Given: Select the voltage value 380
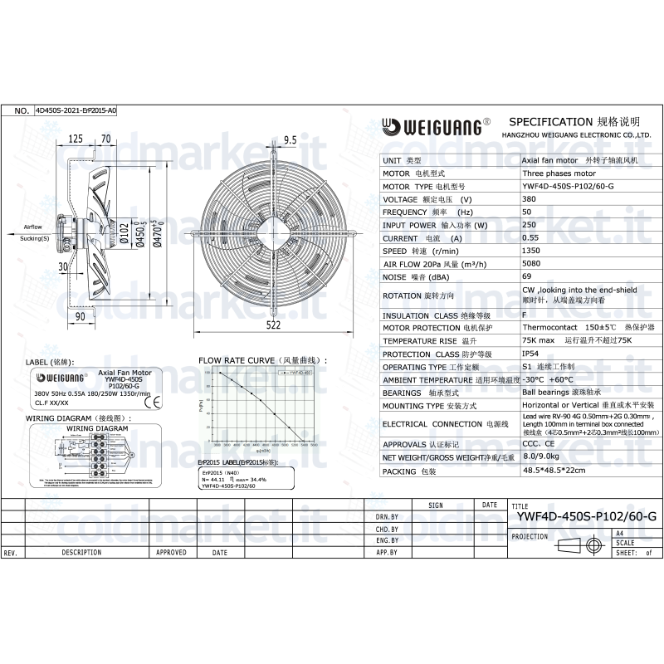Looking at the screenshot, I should click(x=528, y=200).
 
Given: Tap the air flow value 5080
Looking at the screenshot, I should click(x=532, y=263).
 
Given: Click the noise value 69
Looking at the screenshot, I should click(x=526, y=276).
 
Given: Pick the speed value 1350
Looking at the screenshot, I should click(x=531, y=251).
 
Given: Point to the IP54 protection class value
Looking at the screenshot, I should click(x=530, y=354).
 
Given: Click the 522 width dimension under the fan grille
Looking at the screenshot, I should click(x=273, y=326).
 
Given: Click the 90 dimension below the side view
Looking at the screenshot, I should click(x=81, y=316).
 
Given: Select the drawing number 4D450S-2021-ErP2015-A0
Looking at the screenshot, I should click(x=76, y=110).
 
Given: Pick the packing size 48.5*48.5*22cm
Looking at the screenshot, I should click(x=554, y=471).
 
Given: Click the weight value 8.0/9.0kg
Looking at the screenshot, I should click(x=539, y=457).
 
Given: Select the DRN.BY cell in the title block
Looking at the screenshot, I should click(x=387, y=516).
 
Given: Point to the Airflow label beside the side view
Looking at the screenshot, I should click(x=32, y=226).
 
